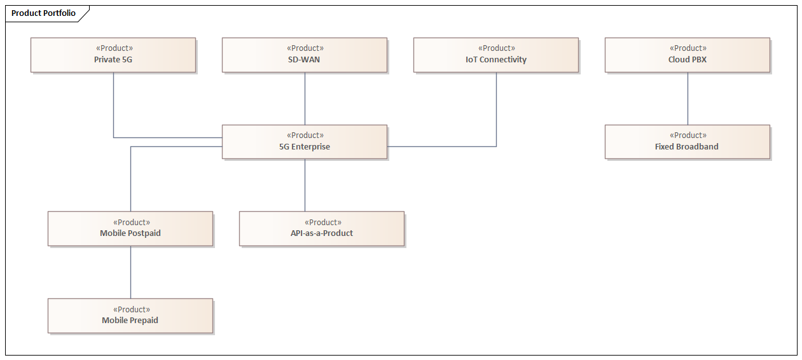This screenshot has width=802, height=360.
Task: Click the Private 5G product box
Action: click(113, 55)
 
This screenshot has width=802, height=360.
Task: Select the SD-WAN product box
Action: click(305, 55)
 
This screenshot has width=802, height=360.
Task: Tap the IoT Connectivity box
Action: click(496, 55)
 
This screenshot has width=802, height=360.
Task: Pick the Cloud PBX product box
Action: click(688, 55)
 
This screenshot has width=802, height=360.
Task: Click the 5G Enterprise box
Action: click(305, 142)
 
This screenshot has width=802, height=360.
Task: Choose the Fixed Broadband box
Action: click(688, 142)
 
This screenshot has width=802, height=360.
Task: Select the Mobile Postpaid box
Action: click(130, 229)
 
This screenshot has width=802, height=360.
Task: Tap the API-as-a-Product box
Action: click(322, 229)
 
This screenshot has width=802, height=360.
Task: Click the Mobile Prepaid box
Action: click(130, 316)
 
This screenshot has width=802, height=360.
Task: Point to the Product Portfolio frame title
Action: click(43, 13)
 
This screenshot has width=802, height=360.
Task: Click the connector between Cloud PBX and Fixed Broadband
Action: click(688, 99)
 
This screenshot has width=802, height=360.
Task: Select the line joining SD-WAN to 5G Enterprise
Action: click(305, 99)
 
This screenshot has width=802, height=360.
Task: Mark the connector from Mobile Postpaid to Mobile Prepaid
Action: click(130, 272)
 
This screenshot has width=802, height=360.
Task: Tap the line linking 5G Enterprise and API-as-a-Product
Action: click(305, 185)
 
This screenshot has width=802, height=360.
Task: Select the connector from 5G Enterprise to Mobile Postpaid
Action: click(130, 178)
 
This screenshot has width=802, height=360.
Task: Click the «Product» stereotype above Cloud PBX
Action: click(688, 48)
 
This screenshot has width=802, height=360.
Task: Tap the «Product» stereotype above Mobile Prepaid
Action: click(131, 310)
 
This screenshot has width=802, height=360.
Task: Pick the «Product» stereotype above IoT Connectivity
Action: click(496, 48)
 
